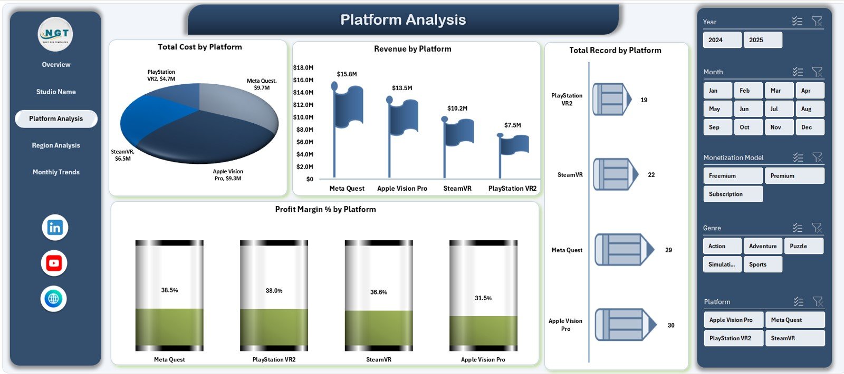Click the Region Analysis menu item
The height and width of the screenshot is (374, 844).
click(x=56, y=145)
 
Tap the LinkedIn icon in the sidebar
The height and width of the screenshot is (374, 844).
click(x=55, y=228)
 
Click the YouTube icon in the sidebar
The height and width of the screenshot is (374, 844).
click(x=54, y=263)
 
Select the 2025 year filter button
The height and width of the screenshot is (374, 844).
click(x=762, y=40)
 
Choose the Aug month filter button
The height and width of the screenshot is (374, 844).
click(x=809, y=109)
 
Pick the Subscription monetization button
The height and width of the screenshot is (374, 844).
click(x=733, y=194)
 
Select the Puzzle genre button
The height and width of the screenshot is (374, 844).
click(x=804, y=246)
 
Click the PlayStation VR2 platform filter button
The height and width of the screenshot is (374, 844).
click(x=733, y=338)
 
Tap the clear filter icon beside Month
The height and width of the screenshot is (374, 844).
click(x=817, y=72)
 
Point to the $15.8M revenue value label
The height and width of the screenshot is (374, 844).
click(x=347, y=74)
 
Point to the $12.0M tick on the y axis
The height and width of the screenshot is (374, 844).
click(x=303, y=105)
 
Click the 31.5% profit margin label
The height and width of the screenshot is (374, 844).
click(x=483, y=298)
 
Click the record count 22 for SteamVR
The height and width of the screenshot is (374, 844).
click(x=651, y=175)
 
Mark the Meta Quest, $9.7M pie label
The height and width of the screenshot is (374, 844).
click(x=262, y=84)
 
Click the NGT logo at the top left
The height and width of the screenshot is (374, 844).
click(x=55, y=34)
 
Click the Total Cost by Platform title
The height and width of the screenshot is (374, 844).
click(x=200, y=47)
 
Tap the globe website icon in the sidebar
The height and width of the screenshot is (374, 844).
click(x=54, y=299)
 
